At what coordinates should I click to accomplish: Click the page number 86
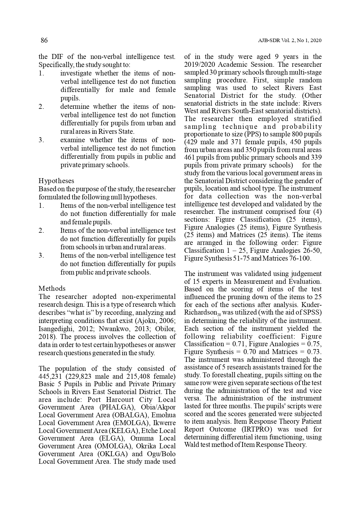click(x=44, y=40)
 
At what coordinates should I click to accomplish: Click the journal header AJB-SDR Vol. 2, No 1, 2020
click(x=290, y=41)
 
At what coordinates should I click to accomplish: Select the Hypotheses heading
click(x=56, y=181)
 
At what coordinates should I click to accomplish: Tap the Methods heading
click(x=52, y=288)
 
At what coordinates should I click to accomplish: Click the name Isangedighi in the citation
click(x=55, y=329)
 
